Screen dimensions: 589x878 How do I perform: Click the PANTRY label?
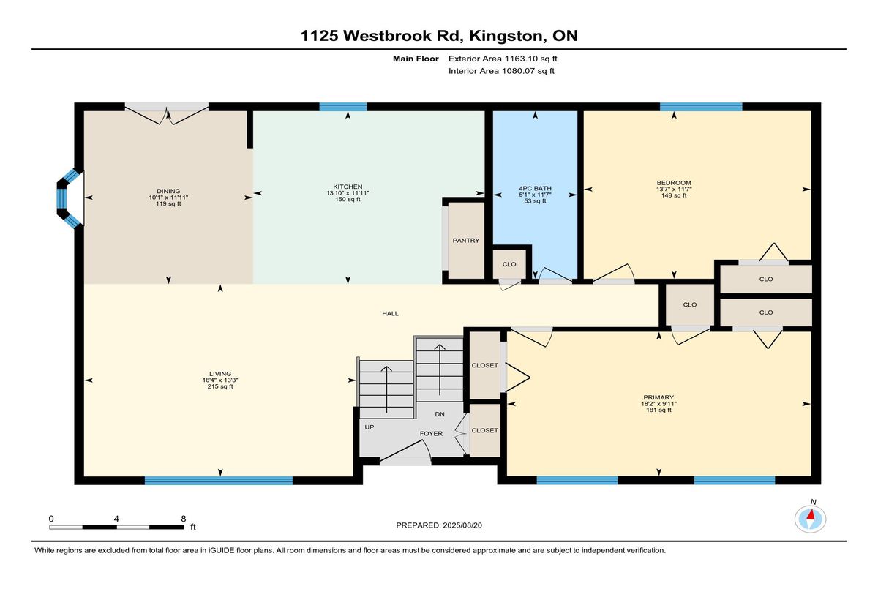465,240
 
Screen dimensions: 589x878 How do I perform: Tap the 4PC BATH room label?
535,188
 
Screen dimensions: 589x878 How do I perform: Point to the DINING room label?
168,191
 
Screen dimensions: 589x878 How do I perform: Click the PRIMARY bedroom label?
658,398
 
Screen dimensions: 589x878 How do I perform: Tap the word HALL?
390,313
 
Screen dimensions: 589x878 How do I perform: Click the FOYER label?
431,434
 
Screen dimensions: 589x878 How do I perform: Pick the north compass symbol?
811,517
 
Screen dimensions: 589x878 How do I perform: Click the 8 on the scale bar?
184,518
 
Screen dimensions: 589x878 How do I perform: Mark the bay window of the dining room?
68,198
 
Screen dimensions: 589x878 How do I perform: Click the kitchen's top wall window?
342,107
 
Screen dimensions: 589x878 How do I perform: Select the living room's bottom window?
218,481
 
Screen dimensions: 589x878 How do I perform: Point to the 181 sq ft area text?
658,410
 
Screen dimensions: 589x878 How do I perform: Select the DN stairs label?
439,414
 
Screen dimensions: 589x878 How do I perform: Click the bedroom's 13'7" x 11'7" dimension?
673,189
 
